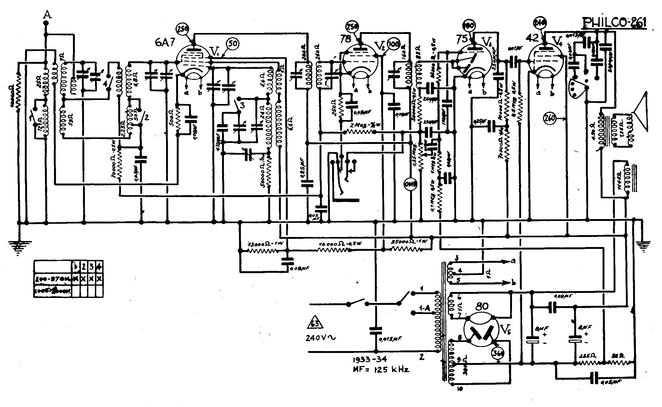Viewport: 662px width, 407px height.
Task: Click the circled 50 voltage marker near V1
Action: pos(232,45)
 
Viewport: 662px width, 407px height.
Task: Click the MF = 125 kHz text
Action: pos(381,370)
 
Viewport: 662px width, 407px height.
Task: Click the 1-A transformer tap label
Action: pos(424,308)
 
